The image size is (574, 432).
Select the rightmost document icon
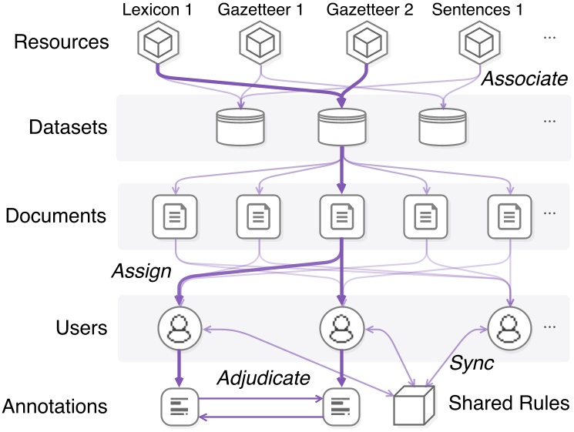point(510,215)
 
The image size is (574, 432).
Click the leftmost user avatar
point(179,327)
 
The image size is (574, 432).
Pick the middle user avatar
point(341,327)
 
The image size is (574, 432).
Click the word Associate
point(524,79)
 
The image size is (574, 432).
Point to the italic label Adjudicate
point(263,377)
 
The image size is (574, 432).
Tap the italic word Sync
point(472,363)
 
